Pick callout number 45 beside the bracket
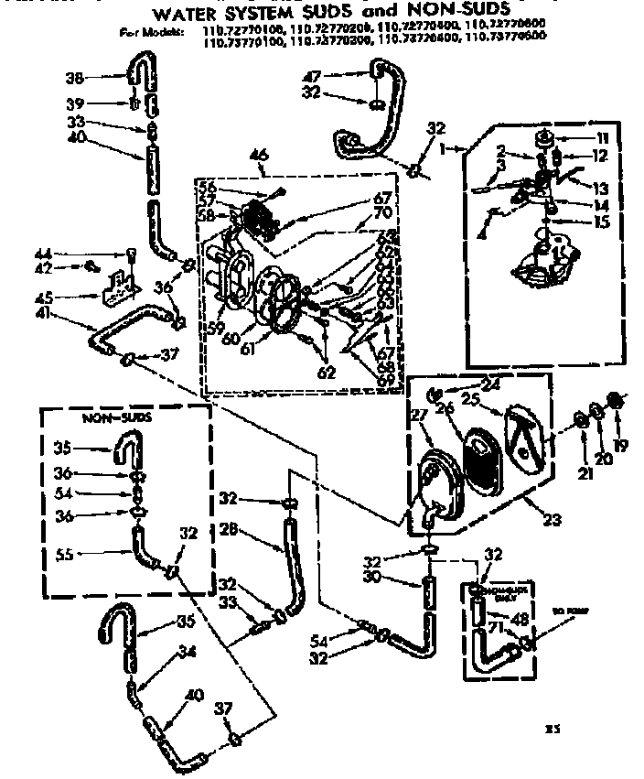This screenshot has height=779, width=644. coord(66,297)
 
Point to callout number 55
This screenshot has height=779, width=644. coord(64,554)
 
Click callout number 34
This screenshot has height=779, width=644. coord(188,652)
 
